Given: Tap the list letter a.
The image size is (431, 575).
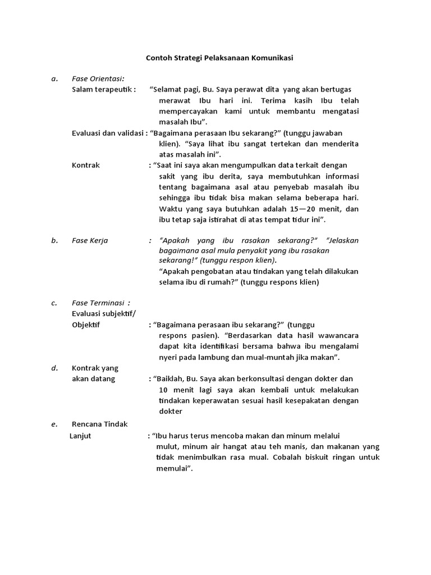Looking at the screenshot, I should click(54, 79).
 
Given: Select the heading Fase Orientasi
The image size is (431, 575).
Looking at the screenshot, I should click(98, 79).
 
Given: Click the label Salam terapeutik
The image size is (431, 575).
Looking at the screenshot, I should click(104, 89).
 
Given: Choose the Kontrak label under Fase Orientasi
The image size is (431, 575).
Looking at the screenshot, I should click(86, 165).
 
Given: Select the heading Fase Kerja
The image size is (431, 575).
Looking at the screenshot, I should click(90, 240).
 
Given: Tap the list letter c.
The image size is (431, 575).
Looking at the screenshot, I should click(54, 303).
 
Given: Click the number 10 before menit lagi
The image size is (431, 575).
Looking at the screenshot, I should click(163, 390).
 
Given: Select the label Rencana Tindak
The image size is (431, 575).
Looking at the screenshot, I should click(100, 425).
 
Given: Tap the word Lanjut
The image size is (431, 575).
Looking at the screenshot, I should click(80, 435).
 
